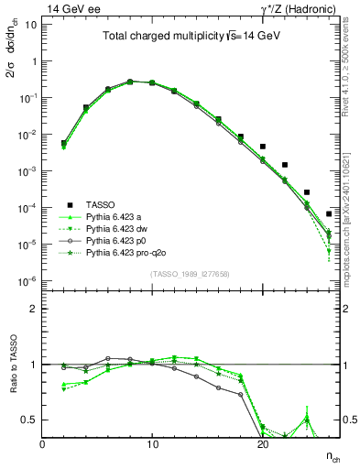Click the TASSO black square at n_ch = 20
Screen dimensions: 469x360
pos(263,147)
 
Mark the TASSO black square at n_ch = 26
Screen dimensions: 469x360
pos(329,214)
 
